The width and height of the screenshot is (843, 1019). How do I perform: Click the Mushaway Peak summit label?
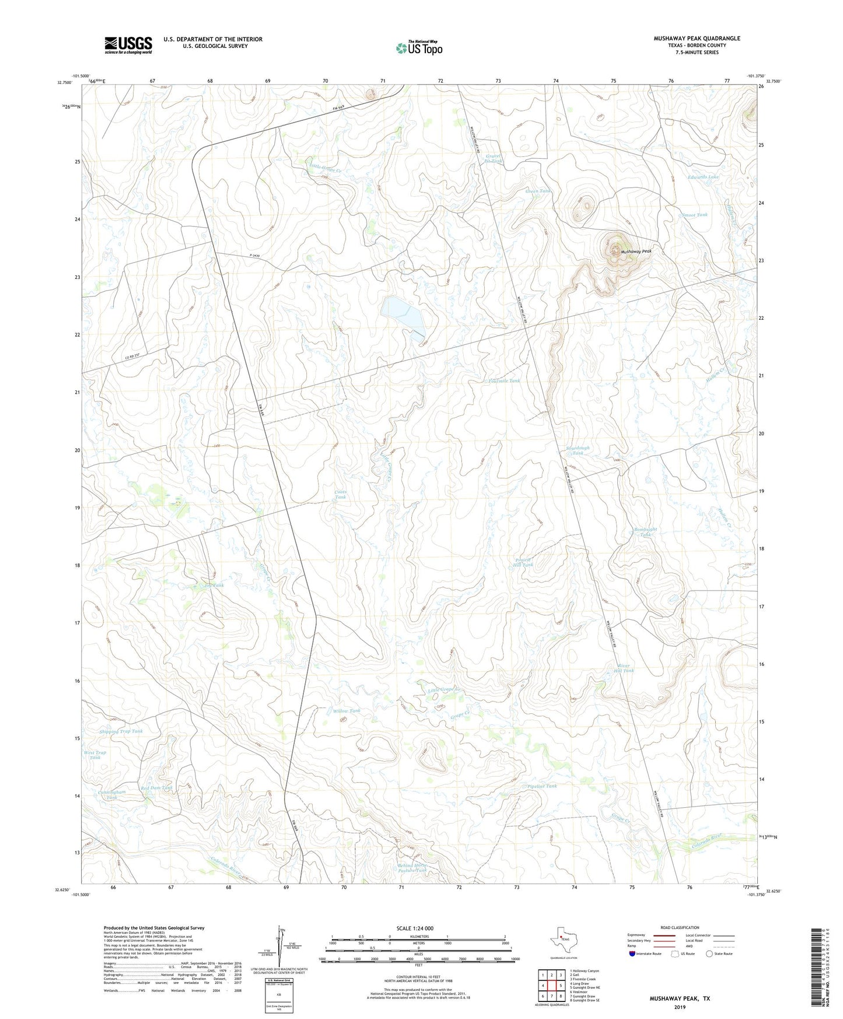pyautogui.click(x=635, y=252)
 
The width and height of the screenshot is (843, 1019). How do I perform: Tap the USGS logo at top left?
pyautogui.click(x=128, y=45)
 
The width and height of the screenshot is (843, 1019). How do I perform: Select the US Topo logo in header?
pyautogui.click(x=419, y=48)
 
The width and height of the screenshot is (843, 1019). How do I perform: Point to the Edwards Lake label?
pyautogui.click(x=703, y=177)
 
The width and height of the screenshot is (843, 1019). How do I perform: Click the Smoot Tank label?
pyautogui.click(x=694, y=215)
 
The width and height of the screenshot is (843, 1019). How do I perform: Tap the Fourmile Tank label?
pyautogui.click(x=504, y=381)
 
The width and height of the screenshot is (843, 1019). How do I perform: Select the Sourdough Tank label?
pyautogui.click(x=578, y=451)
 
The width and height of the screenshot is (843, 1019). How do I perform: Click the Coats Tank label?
pyautogui.click(x=340, y=494)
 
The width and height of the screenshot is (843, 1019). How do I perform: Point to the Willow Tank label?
pyautogui.click(x=347, y=711)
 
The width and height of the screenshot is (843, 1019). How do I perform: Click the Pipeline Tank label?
pyautogui.click(x=541, y=786)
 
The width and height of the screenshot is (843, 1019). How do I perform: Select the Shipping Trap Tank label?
pyautogui.click(x=121, y=731)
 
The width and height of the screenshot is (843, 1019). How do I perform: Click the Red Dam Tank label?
pyautogui.click(x=156, y=788)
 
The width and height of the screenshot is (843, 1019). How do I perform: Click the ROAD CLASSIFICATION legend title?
pyautogui.click(x=680, y=927)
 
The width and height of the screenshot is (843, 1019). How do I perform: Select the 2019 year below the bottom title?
pyautogui.click(x=680, y=1007)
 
